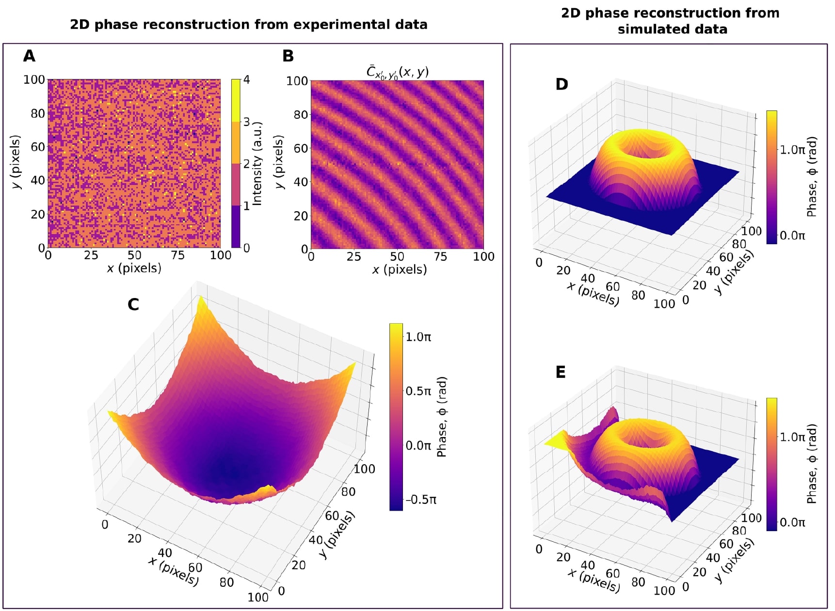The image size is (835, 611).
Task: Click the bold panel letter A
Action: (29, 56)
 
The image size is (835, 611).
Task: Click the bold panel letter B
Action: (288, 56)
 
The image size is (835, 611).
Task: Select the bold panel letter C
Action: (133, 304)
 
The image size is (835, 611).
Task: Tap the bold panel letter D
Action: (562, 84)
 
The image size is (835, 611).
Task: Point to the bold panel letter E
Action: (561, 372)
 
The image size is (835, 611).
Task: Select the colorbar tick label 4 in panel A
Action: (246, 80)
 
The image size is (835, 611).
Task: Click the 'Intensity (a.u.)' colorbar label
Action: (257, 164)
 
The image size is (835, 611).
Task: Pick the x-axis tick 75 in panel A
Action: (177, 255)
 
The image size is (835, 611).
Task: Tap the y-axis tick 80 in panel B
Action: (301, 115)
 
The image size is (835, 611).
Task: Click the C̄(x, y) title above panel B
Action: (397, 72)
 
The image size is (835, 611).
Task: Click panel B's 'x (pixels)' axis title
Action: (400, 269)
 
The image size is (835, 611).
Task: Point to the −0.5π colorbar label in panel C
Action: (420, 500)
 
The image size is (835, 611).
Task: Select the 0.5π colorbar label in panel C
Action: (418, 391)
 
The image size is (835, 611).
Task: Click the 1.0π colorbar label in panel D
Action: (792, 150)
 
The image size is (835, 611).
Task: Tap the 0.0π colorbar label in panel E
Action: (792, 522)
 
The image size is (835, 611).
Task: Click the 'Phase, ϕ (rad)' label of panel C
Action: (442, 417)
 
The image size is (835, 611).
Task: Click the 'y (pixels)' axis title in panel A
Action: (16, 162)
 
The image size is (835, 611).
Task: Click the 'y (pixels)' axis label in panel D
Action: (735, 272)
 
